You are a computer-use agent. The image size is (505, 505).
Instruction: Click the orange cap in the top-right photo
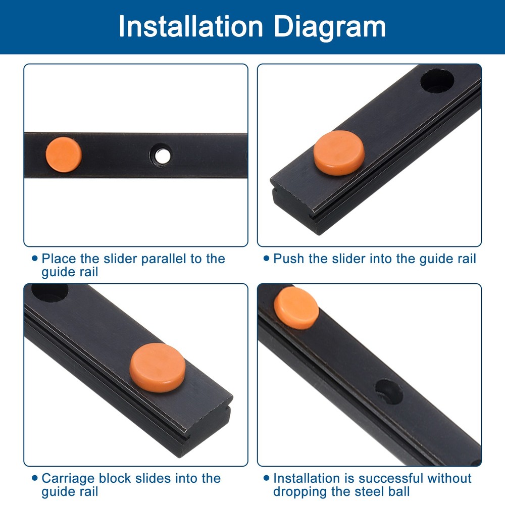pos(339,153)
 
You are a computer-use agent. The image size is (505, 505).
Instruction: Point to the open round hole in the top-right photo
pos(437,81)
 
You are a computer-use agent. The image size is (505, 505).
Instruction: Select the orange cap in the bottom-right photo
pos(296,308)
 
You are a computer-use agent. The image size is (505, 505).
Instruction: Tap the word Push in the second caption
pos(289,259)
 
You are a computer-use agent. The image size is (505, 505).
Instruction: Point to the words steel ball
pos(383,491)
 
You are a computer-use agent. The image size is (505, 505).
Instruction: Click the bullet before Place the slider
pos(34,259)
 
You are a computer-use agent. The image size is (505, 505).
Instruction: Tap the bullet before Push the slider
pos(266,259)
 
